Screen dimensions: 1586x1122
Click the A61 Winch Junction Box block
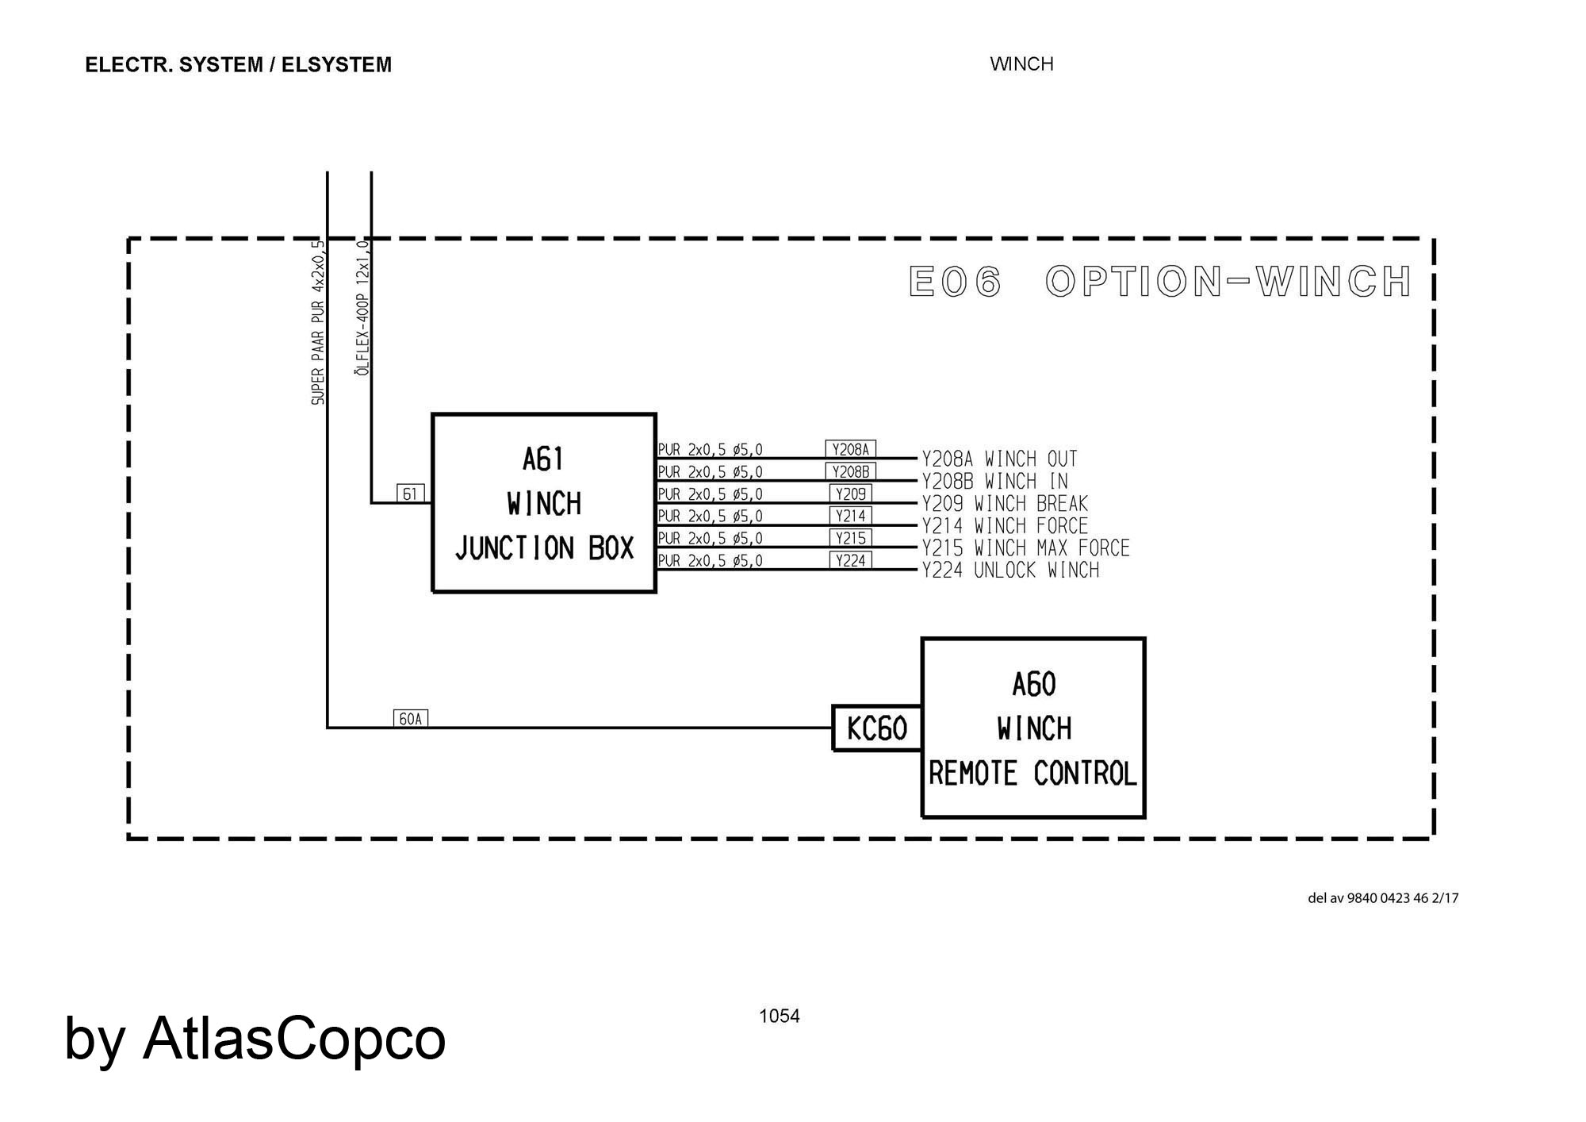pos(544,503)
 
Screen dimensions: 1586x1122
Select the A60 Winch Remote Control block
pos(1033,728)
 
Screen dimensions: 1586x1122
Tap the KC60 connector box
pos(877,728)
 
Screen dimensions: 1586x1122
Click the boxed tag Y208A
pos(850,449)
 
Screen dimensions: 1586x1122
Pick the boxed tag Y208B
pos(850,471)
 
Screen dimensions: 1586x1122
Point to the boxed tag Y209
pos(851,494)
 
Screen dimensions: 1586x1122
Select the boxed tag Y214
pos(851,516)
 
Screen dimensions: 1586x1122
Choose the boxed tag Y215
pos(851,538)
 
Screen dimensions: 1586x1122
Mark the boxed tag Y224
pos(851,560)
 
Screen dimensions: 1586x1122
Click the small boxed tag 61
pos(410,494)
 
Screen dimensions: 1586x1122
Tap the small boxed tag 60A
pos(411,719)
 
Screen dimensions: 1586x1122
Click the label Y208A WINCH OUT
pos(999,459)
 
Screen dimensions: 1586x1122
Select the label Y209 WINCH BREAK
pos(1005,504)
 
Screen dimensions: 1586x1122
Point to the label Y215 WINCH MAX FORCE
pos(1025,548)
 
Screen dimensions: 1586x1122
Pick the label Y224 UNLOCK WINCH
pos(1010,571)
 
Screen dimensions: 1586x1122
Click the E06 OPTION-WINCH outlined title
pos(1160,282)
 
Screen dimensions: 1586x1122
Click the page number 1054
pos(780,1016)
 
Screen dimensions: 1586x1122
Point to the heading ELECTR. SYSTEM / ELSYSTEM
pos(238,65)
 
